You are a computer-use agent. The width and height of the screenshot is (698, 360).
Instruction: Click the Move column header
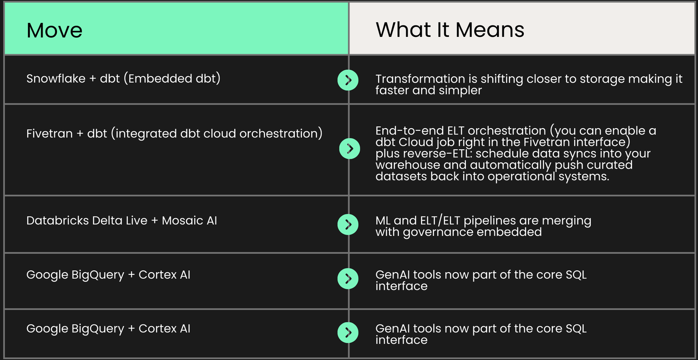coord(54,30)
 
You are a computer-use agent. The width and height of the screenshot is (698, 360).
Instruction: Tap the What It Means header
coord(450,30)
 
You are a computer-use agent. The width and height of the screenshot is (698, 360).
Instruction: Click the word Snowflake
coord(56,79)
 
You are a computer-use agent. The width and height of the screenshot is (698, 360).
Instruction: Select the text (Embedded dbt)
coord(172,79)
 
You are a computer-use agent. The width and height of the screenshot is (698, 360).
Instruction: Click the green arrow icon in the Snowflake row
coord(348,80)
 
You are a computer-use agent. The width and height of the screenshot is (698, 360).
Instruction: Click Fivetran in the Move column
coord(50,133)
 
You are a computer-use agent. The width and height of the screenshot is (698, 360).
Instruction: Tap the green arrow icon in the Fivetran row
coord(350,148)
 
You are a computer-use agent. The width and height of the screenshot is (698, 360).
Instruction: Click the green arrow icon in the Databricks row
coord(348,225)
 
